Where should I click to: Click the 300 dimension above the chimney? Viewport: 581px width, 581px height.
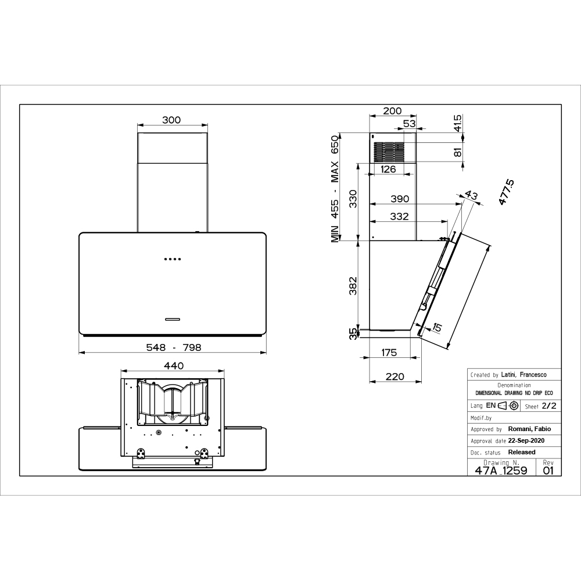(171, 120)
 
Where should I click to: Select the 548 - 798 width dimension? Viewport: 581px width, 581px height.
(174, 347)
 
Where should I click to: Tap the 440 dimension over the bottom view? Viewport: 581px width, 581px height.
(174, 365)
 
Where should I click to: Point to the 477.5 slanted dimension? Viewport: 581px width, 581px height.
(506, 192)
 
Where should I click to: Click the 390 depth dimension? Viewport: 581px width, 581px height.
(400, 199)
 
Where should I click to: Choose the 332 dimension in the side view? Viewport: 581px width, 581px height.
(400, 216)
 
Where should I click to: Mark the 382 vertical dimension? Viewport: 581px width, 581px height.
(353, 286)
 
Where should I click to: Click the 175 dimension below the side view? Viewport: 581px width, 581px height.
(389, 353)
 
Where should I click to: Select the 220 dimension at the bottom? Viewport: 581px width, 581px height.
(394, 376)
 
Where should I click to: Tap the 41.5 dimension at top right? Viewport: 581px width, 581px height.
(458, 123)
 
